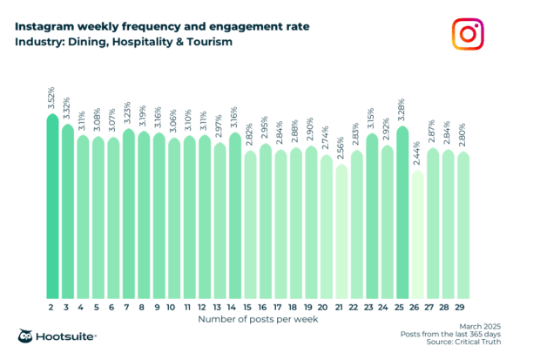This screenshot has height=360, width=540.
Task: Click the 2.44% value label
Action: pyautogui.click(x=417, y=155)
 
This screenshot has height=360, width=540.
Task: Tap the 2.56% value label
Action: pyautogui.click(x=341, y=149)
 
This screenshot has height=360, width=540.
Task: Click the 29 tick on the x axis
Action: pyautogui.click(x=462, y=308)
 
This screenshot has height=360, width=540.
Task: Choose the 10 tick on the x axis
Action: pyautogui.click(x=173, y=308)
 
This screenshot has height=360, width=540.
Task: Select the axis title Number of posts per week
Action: pyautogui.click(x=257, y=320)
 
